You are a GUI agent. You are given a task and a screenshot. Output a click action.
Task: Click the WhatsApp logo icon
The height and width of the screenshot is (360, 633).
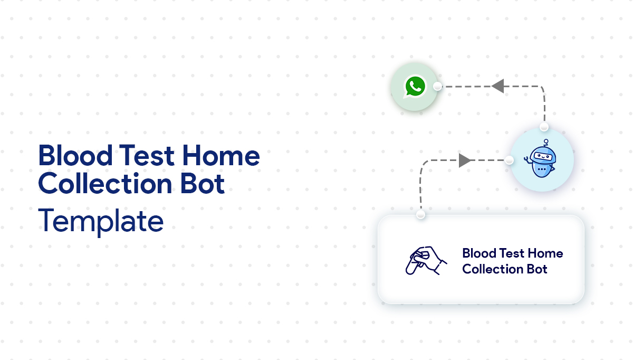pos(415,87)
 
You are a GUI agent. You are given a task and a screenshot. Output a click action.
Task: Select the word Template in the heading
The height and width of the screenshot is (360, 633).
pos(101,221)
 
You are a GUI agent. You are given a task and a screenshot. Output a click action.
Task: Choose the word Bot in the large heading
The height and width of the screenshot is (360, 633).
pos(204,184)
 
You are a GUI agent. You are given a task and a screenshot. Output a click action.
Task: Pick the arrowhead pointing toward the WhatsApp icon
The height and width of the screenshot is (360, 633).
pos(497,86)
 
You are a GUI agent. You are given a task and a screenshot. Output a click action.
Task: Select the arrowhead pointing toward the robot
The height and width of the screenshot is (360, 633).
pos(465,160)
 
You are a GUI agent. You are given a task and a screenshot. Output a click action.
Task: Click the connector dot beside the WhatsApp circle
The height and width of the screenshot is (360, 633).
pos(437,87)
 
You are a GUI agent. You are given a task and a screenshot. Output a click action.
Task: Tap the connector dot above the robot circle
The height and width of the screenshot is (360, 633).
pos(544,127)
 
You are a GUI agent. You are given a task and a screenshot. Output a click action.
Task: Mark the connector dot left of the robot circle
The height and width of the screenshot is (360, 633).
pos(509,160)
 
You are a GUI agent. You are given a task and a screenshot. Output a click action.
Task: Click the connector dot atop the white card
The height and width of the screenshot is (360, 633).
pos(420,215)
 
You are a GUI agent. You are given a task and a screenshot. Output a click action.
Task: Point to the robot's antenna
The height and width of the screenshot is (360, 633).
pos(546,142)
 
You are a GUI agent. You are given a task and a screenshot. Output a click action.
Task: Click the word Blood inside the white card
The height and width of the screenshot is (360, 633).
pos(477,253)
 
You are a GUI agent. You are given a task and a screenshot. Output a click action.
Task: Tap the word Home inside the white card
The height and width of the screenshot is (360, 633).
pos(546,253)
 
